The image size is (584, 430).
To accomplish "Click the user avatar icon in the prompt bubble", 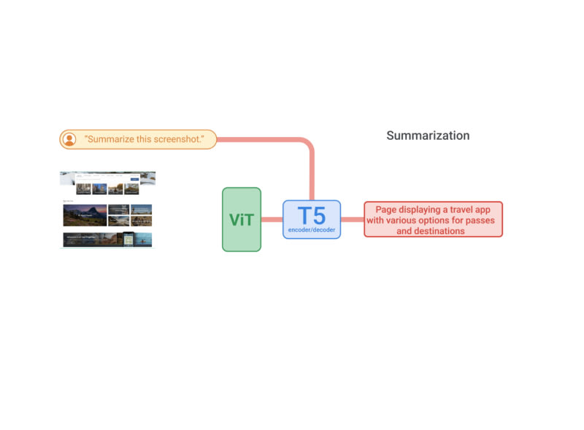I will [x=69, y=139].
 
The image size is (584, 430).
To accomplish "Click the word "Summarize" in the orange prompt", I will [x=111, y=139].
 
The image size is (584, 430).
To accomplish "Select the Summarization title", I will [x=428, y=136].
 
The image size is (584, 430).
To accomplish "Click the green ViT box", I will [x=241, y=219].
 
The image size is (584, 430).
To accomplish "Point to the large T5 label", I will [x=312, y=216].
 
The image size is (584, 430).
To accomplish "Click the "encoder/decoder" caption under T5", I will [x=312, y=230].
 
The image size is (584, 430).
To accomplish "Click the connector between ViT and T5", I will [x=272, y=219].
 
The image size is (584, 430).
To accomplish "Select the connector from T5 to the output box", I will [x=352, y=219].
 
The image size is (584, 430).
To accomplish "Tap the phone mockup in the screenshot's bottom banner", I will [x=128, y=240].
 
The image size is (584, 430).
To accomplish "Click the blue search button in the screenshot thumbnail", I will [x=134, y=179].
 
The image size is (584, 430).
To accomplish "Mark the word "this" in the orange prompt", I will [x=146, y=139].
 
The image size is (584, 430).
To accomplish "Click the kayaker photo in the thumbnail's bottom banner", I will [x=144, y=240].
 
